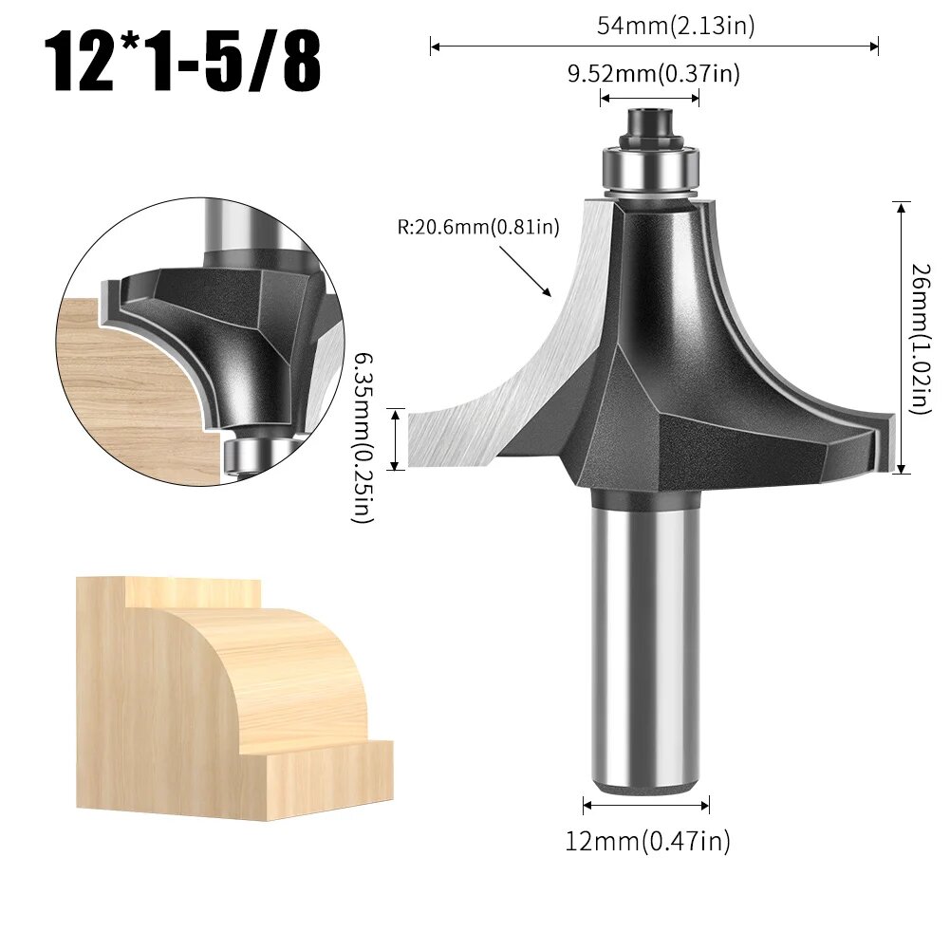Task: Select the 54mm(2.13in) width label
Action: tap(676, 26)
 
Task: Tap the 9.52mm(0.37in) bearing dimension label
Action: tap(654, 73)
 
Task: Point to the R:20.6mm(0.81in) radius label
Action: tap(480, 227)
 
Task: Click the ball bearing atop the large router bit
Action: tap(649, 169)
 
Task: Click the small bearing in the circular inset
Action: tap(246, 454)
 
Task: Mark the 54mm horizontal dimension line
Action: tap(654, 45)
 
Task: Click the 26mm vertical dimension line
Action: tap(901, 337)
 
